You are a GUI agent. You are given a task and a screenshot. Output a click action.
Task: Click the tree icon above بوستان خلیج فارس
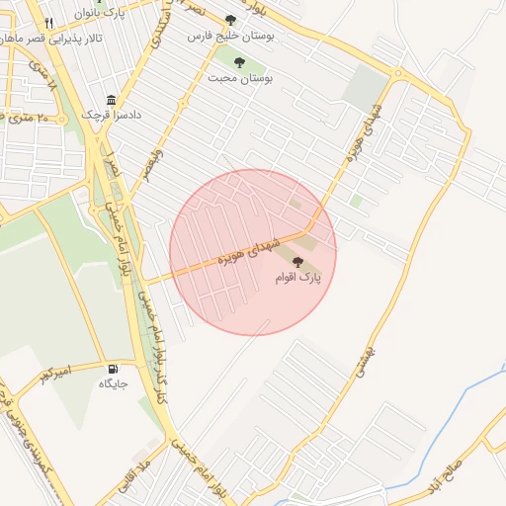click(x=230, y=19)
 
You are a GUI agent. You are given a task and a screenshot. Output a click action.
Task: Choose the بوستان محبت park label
click(x=244, y=74)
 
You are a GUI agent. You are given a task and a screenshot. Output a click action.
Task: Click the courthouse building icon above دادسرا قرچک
click(x=110, y=100)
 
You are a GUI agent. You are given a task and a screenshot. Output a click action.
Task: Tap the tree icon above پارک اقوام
click(x=297, y=262)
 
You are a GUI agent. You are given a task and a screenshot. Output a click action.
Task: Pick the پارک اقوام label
click(x=297, y=279)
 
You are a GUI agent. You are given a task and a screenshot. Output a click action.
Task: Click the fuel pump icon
click(x=110, y=369)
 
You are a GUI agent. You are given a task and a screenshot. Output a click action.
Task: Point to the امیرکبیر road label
click(x=56, y=375)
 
